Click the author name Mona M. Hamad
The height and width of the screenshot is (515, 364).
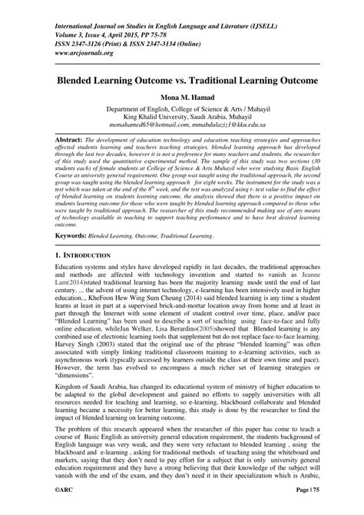(182, 98)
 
